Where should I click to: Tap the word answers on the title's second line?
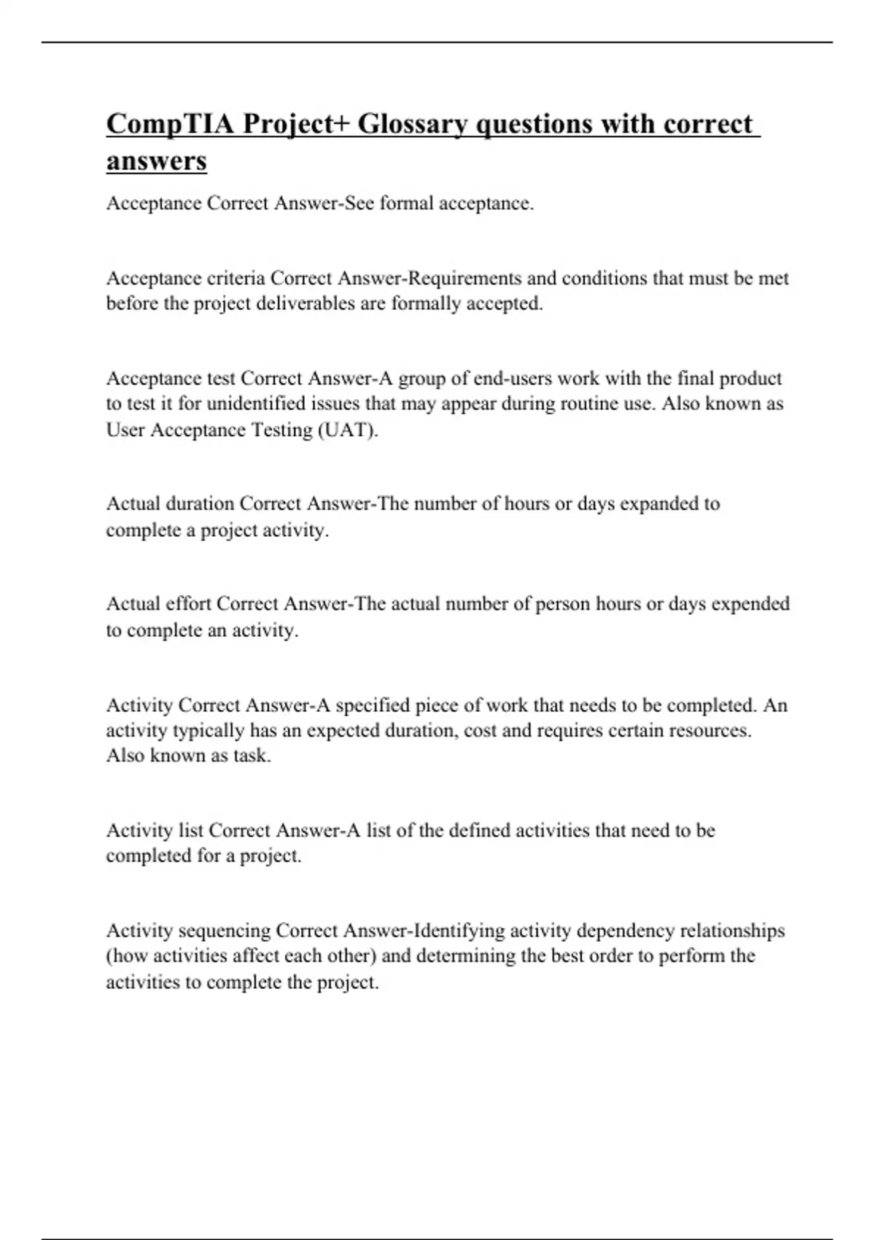[x=156, y=160]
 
